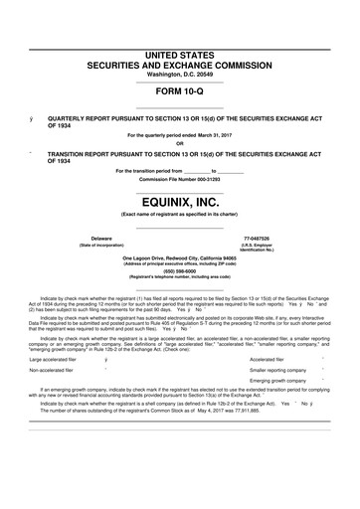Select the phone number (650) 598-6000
pyautogui.click(x=180, y=271)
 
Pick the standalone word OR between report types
pyautogui.click(x=180, y=140)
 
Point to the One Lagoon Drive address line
pyautogui.click(x=180, y=256)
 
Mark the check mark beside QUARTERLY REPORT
pyautogui.click(x=33, y=116)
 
